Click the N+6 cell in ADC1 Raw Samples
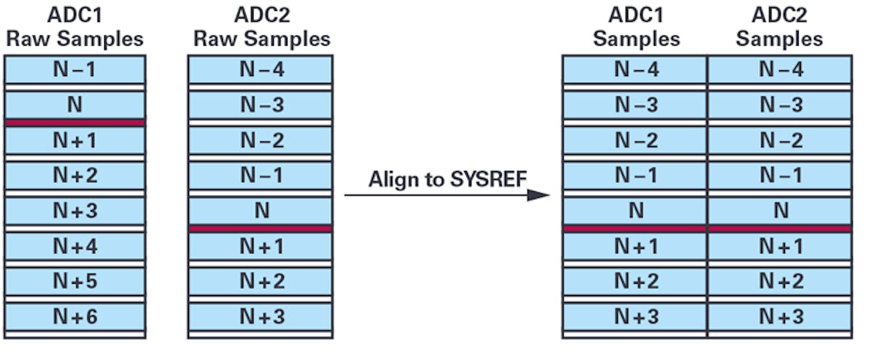coord(75,316)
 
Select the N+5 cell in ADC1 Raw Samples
coord(75,281)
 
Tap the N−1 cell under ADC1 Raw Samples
coord(75,70)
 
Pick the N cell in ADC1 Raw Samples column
coord(75,105)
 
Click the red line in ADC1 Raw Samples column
coord(75,123)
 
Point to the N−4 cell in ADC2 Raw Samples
coord(261,70)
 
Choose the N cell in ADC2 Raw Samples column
coord(261,211)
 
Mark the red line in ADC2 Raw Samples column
coord(261,229)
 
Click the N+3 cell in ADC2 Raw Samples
coord(261,316)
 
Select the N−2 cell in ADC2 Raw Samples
coord(261,141)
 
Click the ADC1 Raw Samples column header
coord(75,28)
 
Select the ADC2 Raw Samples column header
coord(261,28)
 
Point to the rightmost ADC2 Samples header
coord(779,28)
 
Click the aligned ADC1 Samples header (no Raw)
coord(636,28)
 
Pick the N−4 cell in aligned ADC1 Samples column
coord(635,70)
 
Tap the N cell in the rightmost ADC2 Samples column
coord(780,211)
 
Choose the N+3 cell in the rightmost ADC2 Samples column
coord(780,316)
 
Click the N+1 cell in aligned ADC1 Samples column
coord(635,246)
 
